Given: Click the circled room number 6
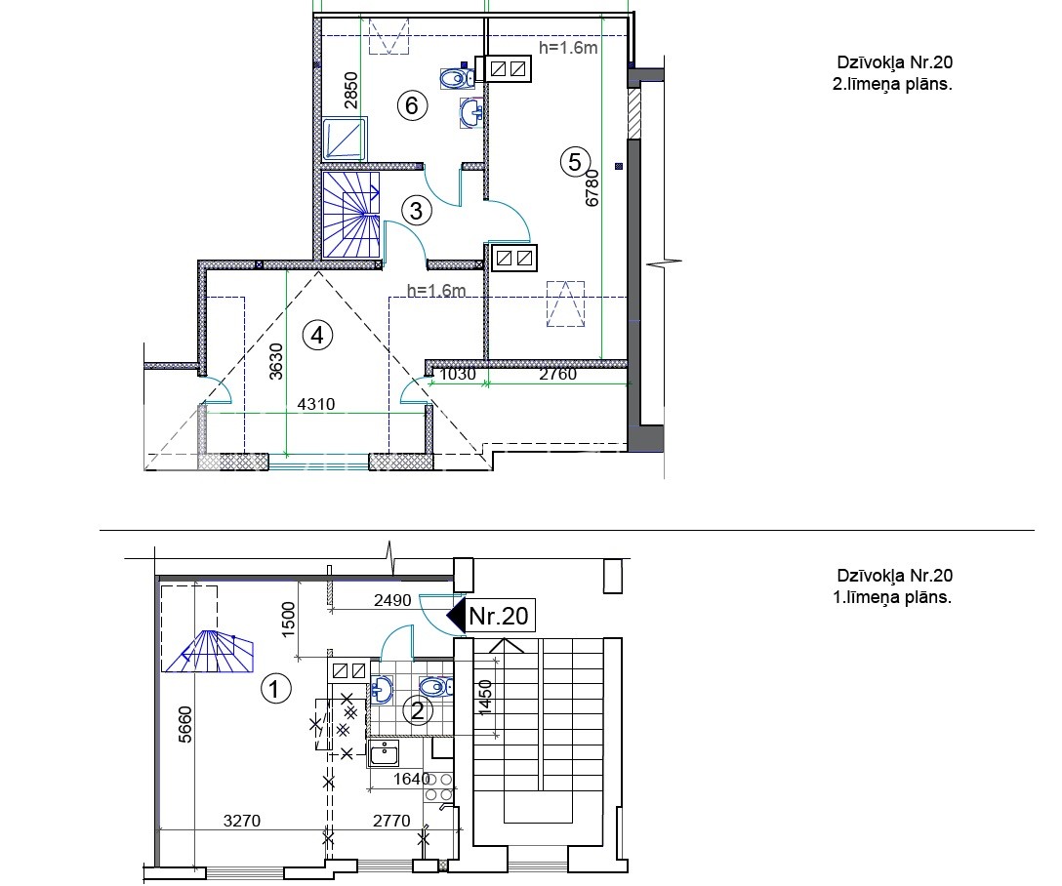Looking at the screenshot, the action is tap(412, 106).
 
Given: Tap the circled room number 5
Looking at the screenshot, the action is tap(575, 162).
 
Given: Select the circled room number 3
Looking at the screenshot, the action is tap(417, 211).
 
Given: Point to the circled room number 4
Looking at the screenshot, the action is tap(317, 335).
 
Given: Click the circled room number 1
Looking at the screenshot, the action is tap(275, 690).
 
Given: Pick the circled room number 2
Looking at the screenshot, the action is tap(418, 710).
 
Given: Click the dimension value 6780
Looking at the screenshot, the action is tap(592, 187).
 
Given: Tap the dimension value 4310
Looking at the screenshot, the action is tap(316, 404).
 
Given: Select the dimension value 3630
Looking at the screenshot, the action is tap(275, 361).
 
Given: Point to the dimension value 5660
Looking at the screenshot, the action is tap(184, 724).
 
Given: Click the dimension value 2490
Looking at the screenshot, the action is tap(392, 600).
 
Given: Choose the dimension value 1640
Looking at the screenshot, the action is tap(412, 779).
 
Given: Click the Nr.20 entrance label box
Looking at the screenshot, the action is tap(499, 616).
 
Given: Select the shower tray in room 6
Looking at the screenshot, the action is tap(345, 139).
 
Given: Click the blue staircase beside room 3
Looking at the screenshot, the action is tap(350, 215).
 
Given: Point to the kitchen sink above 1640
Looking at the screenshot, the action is tap(384, 753).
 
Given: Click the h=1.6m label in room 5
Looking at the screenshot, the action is tap(568, 48).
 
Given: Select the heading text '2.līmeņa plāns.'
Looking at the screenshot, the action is tap(892, 85).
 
